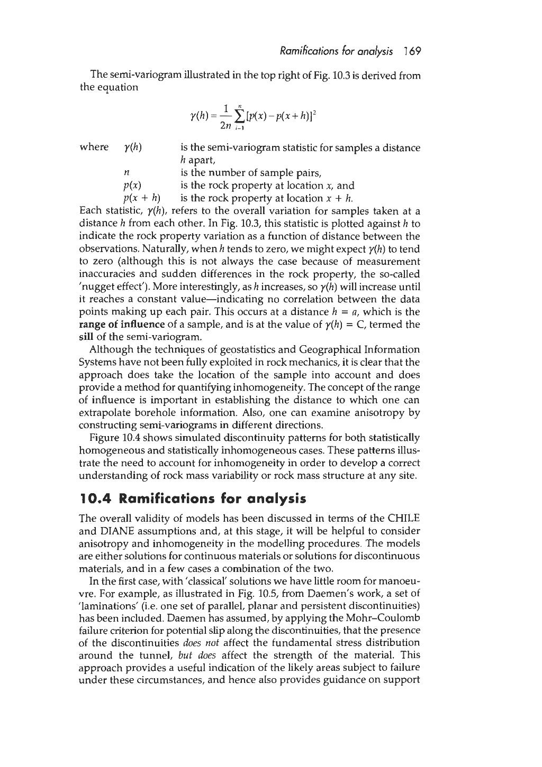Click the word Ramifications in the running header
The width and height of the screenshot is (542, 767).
pyautogui.click(x=299, y=51)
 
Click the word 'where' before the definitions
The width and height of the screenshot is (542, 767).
pyautogui.click(x=93, y=147)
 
